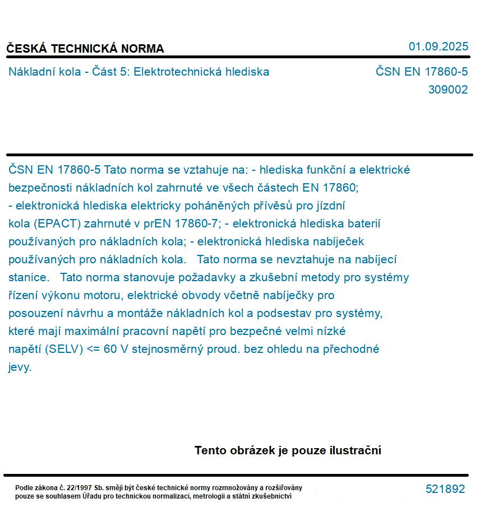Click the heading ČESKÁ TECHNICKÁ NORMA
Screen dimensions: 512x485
click(x=85, y=49)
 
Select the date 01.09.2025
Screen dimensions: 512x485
click(x=438, y=46)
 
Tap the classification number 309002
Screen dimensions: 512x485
click(x=447, y=90)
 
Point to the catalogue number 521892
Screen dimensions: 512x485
click(x=445, y=489)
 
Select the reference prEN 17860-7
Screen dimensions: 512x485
click(x=181, y=224)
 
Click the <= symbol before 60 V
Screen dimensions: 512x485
click(x=94, y=349)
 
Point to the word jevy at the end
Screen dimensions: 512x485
click(x=20, y=367)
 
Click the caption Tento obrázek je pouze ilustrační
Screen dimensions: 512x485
click(x=288, y=450)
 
